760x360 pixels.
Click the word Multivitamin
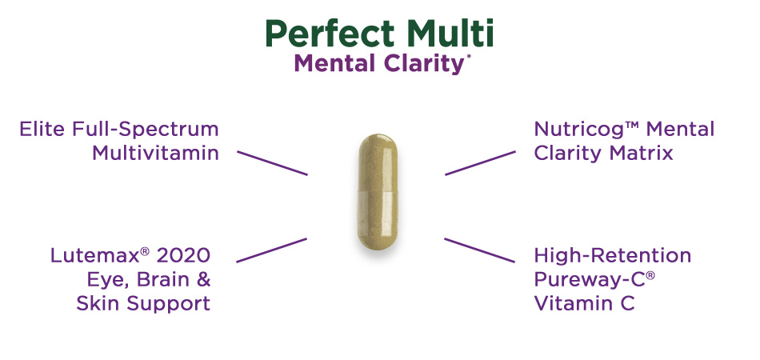[155, 152]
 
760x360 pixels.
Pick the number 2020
[183, 255]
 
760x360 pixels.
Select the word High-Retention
[612, 256]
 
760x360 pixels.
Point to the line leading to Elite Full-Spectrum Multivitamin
[272, 162]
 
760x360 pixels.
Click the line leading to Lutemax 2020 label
[272, 250]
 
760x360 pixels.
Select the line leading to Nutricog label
[480, 162]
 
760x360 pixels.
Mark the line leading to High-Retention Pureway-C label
[480, 250]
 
